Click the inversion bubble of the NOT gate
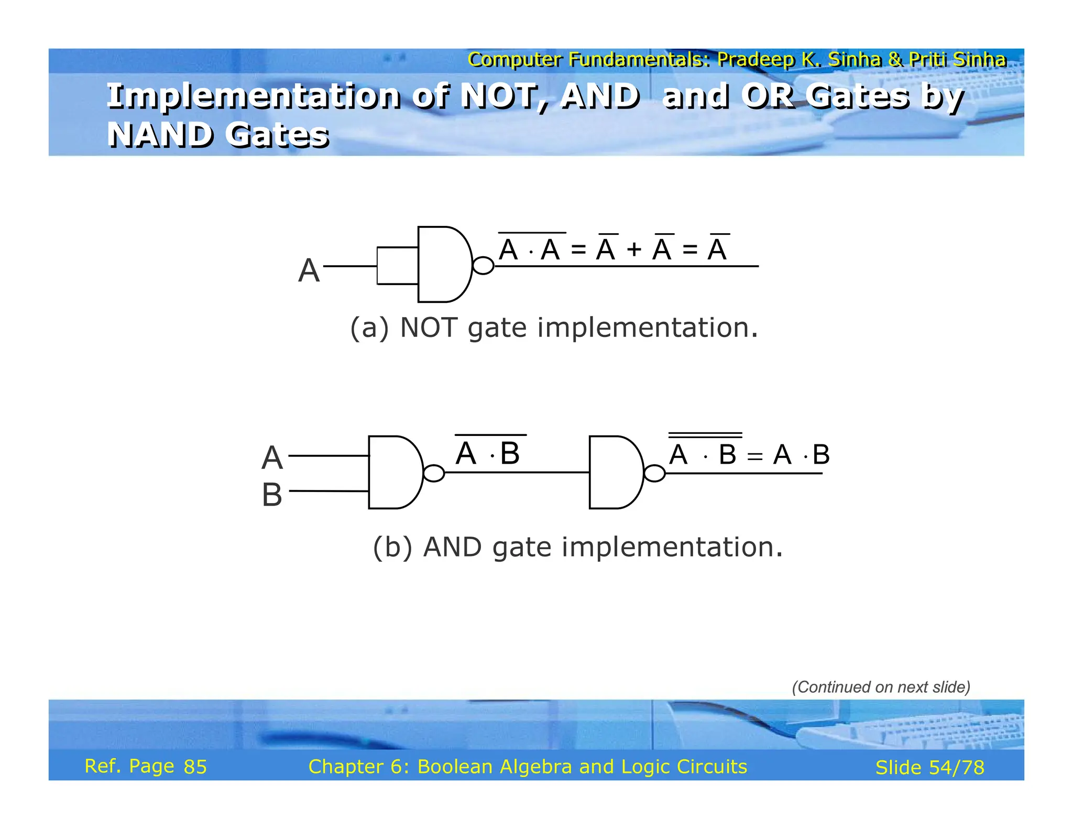click(x=483, y=266)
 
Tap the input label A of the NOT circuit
click(x=309, y=271)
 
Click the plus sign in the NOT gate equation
click(x=634, y=250)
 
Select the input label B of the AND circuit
click(x=272, y=495)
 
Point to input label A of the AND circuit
click(x=272, y=458)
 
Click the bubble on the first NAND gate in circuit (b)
click(x=434, y=473)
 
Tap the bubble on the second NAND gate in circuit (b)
click(x=654, y=474)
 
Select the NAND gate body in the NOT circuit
click(x=443, y=265)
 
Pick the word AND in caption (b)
click(x=452, y=548)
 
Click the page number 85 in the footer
click(x=195, y=767)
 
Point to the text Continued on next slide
click(x=881, y=687)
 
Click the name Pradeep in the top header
click(x=756, y=60)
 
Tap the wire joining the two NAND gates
click(x=516, y=473)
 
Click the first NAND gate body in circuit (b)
click(x=393, y=472)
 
